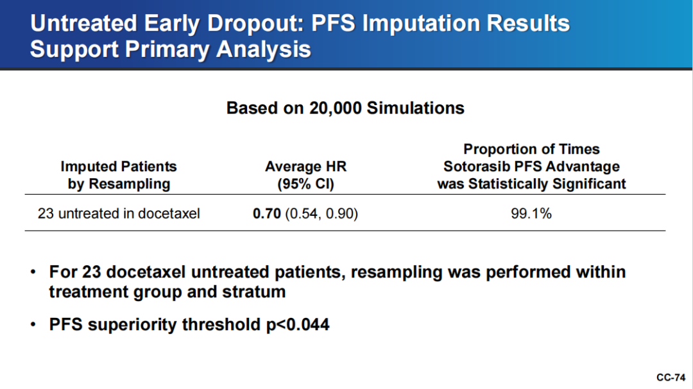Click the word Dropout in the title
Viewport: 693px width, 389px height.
[x=256, y=24]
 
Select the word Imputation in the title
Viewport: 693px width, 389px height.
[x=421, y=24]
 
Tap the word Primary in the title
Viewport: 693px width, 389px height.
[x=167, y=49]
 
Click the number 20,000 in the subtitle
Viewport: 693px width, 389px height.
[x=335, y=108]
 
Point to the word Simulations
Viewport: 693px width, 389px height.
[x=415, y=108]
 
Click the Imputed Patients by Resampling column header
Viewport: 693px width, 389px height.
[x=119, y=175]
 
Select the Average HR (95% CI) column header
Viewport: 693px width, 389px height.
[x=306, y=175]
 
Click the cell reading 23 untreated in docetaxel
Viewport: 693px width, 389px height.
[x=119, y=213]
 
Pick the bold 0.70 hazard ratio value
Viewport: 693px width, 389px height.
[x=266, y=213]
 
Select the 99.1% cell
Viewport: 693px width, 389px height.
[x=531, y=213]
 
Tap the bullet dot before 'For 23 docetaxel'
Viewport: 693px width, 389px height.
[x=33, y=272]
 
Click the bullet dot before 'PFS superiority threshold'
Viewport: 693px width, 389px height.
[x=33, y=325]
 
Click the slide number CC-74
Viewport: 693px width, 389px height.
[x=671, y=377]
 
